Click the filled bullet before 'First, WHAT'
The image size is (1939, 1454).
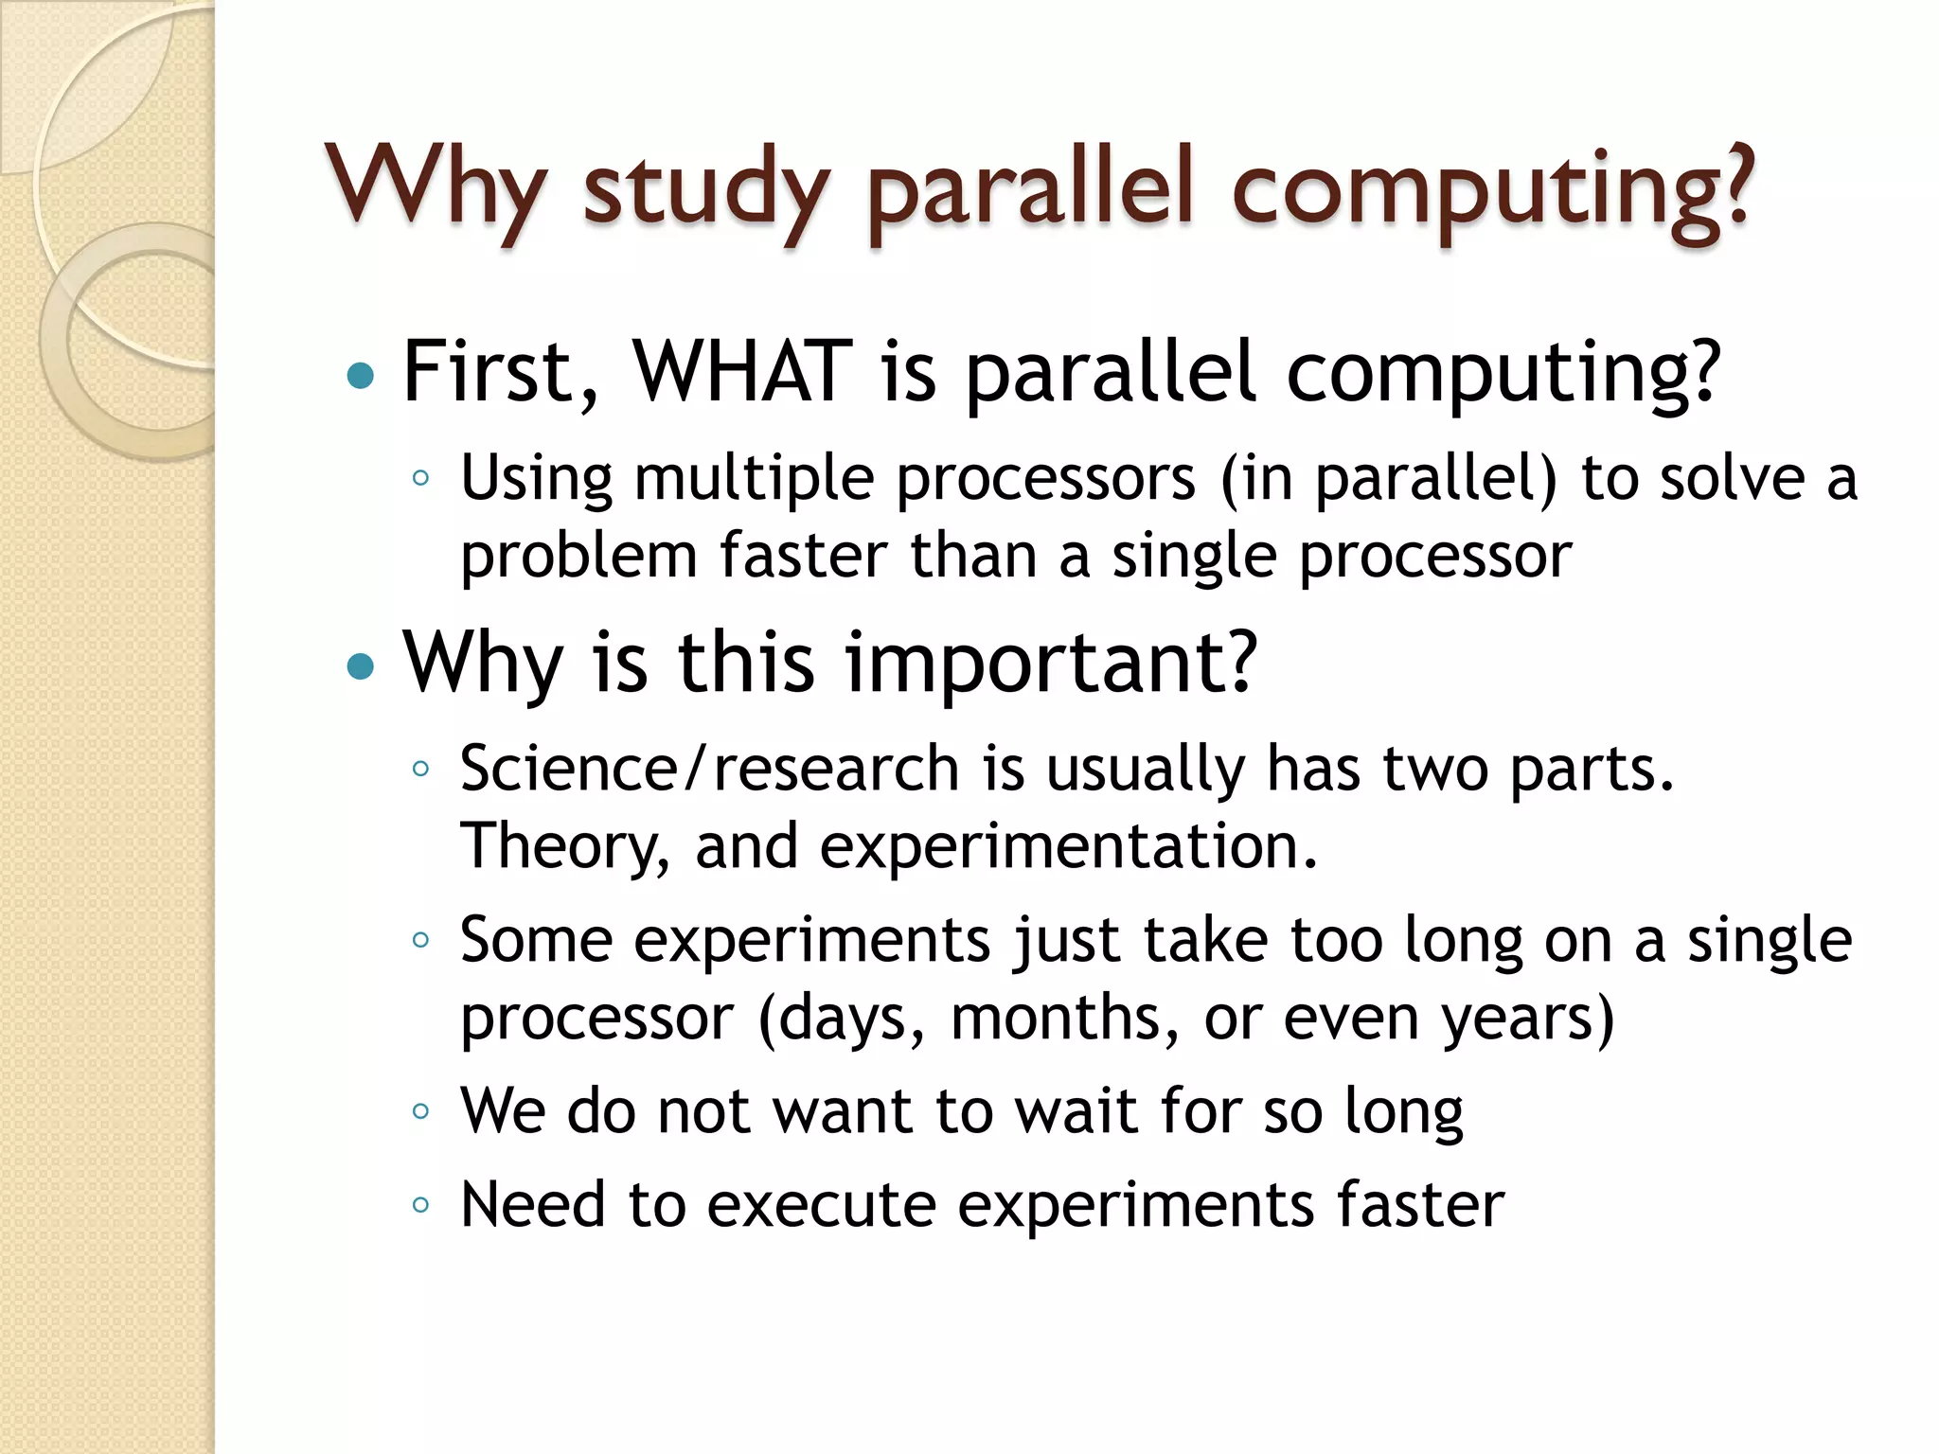point(361,377)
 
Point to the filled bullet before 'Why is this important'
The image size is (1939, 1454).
point(361,667)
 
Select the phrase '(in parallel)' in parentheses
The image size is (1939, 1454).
point(1388,478)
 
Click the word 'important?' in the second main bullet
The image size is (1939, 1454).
point(1051,662)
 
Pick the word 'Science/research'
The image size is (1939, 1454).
point(709,768)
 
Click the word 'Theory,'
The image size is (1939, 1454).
point(565,845)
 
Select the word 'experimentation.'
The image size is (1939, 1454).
point(1069,845)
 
